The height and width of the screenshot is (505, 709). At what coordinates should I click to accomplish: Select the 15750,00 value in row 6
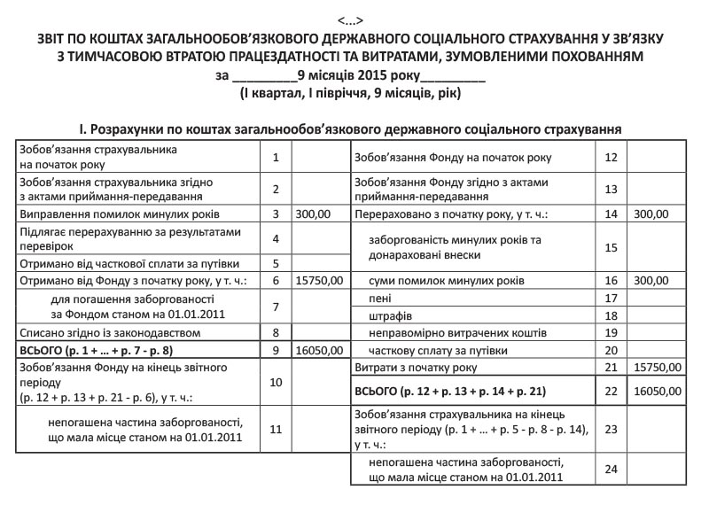coord(317,280)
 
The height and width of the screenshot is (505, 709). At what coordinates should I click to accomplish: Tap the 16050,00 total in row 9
coord(317,350)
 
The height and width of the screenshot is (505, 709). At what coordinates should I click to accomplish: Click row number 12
coord(609,158)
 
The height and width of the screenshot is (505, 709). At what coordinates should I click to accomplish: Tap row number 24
coord(609,469)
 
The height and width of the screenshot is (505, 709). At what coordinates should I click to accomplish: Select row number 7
coord(277,307)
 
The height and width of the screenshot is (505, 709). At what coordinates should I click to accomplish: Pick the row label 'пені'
coord(382,299)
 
